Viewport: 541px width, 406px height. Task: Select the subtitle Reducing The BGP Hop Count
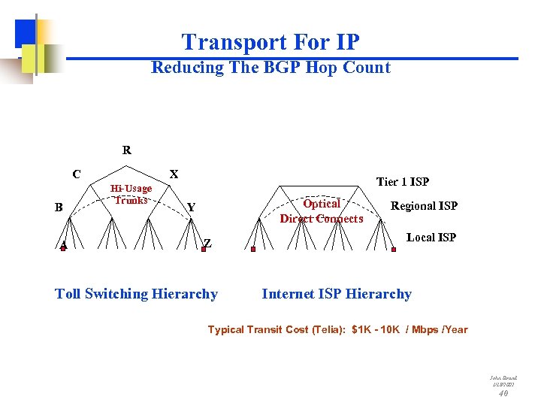pos(270,68)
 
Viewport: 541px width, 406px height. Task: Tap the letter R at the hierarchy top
pos(127,150)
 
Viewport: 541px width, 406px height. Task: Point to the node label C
pos(77,174)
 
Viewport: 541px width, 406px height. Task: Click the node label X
pos(174,174)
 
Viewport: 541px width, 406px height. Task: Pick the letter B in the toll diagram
pos(59,207)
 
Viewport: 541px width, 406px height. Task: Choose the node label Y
pos(192,207)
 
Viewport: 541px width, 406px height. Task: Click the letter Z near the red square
pos(208,243)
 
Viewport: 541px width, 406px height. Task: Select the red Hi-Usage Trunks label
pos(131,194)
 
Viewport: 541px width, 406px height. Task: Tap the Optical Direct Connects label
pos(321,211)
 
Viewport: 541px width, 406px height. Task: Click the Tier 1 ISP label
pos(402,181)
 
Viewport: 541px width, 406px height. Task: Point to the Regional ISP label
pos(424,206)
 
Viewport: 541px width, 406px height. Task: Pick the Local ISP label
pos(431,237)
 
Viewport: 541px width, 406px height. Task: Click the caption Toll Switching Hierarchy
pos(136,294)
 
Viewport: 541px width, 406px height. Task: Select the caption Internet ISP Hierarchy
pos(336,294)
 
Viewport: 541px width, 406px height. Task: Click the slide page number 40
pos(503,392)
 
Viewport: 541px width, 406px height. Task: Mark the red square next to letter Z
pos(203,250)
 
